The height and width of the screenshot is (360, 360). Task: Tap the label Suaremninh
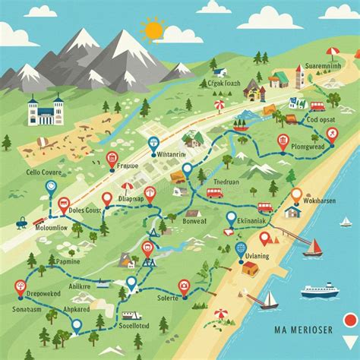click(x=323, y=66)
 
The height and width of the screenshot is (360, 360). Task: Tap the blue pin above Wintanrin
click(x=154, y=143)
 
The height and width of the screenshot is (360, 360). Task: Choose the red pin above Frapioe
click(x=112, y=159)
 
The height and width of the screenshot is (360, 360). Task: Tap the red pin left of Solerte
click(x=183, y=286)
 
